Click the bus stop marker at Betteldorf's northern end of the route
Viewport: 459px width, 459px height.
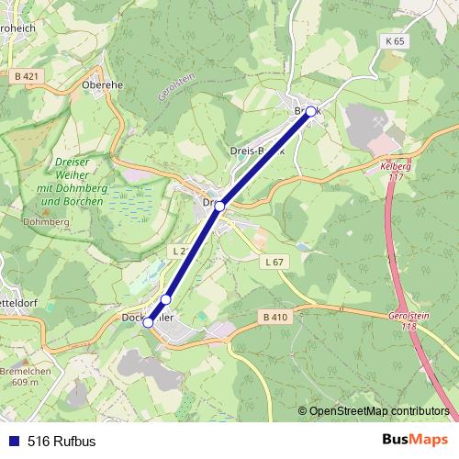click(310, 111)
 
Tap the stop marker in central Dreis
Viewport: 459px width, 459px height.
click(220, 207)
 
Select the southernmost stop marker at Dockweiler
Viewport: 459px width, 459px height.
click(149, 322)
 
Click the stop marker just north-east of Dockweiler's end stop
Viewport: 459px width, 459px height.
click(166, 299)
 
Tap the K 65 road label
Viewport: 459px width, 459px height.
click(395, 41)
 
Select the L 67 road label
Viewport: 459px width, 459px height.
click(274, 263)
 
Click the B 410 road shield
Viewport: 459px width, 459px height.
click(275, 318)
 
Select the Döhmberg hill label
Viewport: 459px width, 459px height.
click(39, 221)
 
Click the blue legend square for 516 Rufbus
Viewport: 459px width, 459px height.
click(12, 440)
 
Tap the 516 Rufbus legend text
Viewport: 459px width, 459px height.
click(62, 440)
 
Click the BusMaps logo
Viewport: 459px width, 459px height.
click(415, 440)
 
